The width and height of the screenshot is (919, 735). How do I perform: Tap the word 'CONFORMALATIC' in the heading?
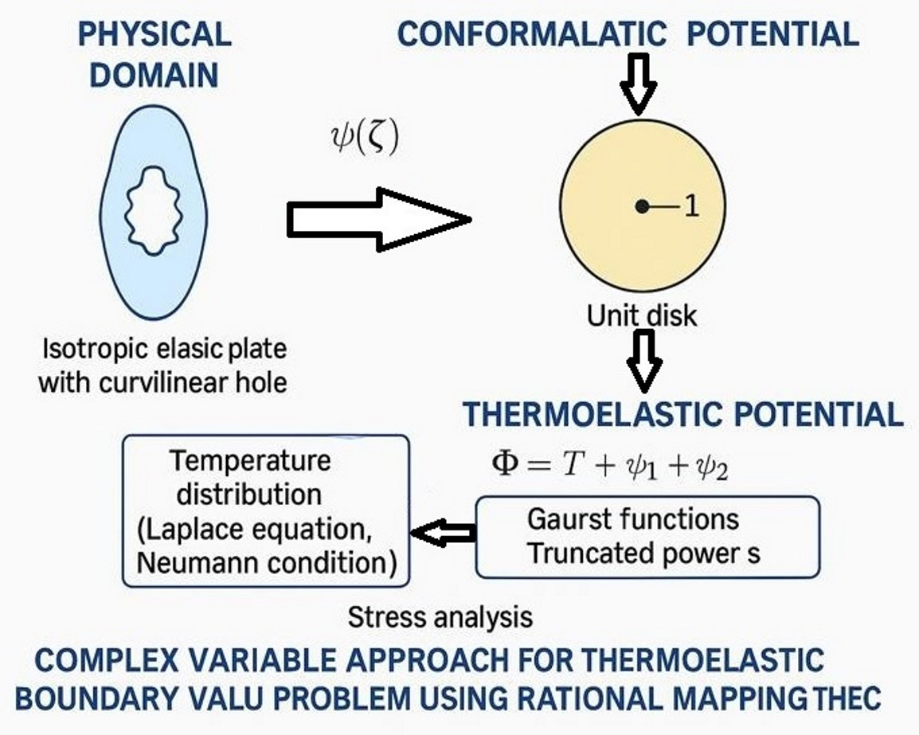click(x=531, y=34)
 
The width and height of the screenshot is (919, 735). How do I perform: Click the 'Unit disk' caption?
click(x=641, y=315)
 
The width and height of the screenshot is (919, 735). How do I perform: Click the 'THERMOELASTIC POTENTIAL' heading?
click(x=682, y=414)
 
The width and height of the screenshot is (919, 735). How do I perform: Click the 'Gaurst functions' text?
click(x=633, y=520)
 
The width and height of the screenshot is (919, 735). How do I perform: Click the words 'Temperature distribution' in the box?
click(x=249, y=477)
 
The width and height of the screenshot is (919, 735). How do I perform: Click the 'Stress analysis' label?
click(x=440, y=616)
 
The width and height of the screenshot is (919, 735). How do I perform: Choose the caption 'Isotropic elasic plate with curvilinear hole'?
click(x=162, y=366)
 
